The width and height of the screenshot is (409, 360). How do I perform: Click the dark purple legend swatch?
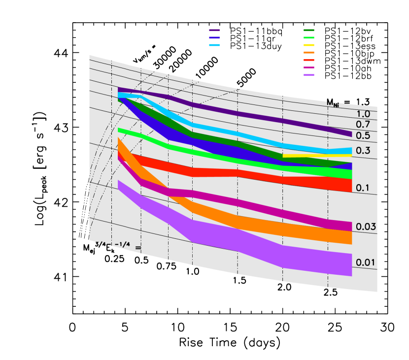(x=214, y=31)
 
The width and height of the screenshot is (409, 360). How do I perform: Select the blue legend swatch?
(x=214, y=37)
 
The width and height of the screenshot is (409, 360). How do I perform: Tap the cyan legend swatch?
(x=214, y=45)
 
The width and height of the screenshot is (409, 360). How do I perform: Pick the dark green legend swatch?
(x=309, y=31)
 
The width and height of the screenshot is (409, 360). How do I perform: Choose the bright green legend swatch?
(x=309, y=37)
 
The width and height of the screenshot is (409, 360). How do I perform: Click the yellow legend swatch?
(x=309, y=45)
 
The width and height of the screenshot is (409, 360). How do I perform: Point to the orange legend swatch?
(x=309, y=52)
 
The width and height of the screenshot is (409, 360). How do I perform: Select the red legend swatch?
(x=309, y=60)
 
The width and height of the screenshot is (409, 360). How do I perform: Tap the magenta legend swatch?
(x=309, y=67)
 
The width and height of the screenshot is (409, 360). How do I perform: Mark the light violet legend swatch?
(x=309, y=75)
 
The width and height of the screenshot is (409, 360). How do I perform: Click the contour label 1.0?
(x=363, y=114)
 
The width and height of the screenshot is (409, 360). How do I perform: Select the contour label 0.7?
(x=363, y=125)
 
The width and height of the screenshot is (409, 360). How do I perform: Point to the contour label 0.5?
(x=363, y=135)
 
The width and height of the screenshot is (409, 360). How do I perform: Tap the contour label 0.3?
(x=363, y=151)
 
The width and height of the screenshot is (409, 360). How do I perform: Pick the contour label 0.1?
(x=363, y=188)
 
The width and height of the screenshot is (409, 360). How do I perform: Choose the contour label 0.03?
(x=366, y=227)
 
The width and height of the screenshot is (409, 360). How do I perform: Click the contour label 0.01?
(x=366, y=262)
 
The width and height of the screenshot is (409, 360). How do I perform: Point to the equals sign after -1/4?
(x=138, y=247)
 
